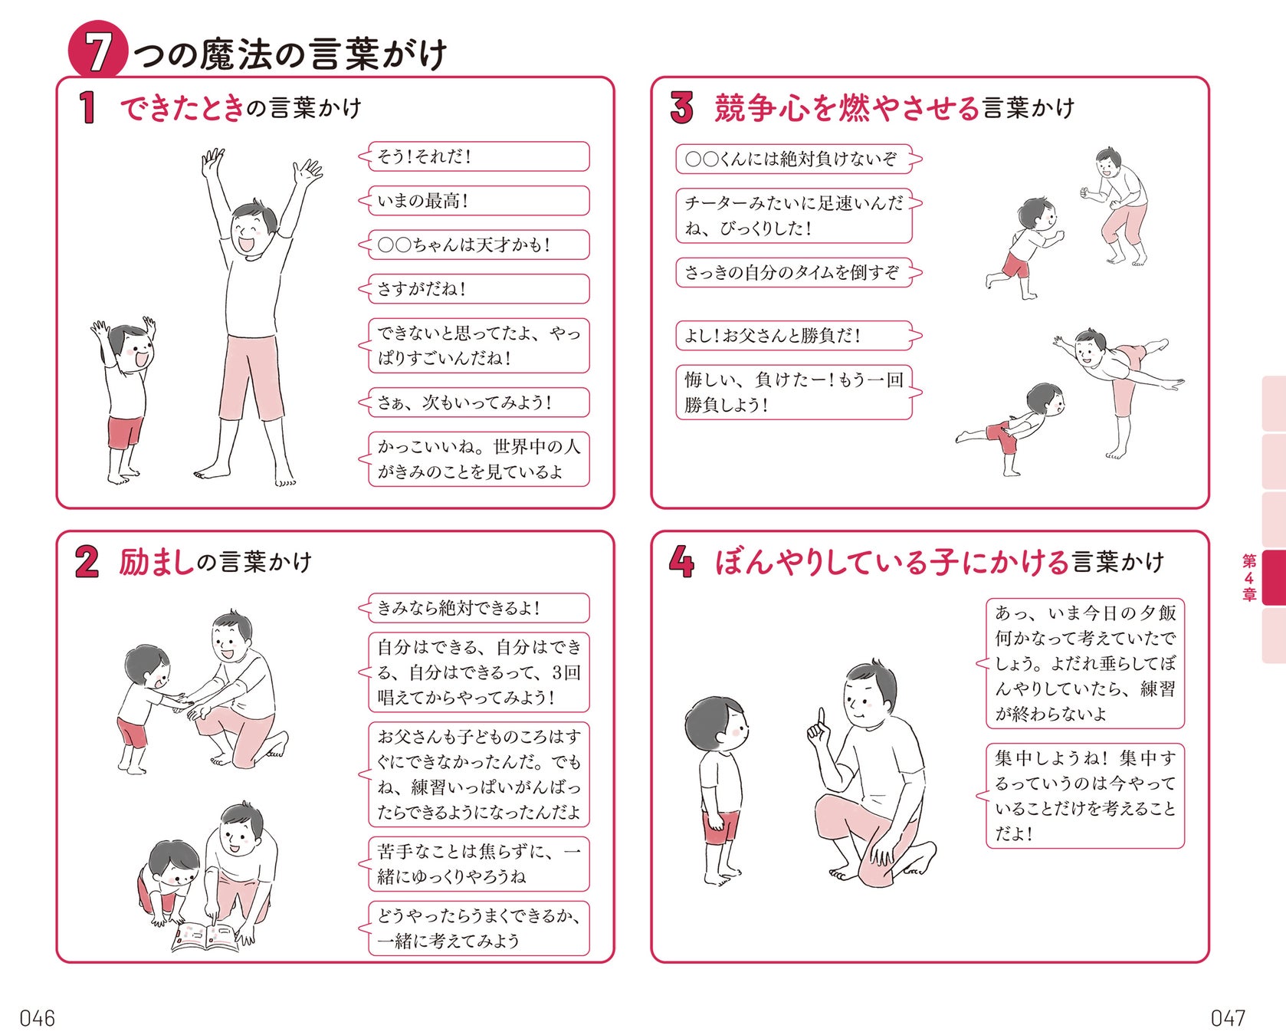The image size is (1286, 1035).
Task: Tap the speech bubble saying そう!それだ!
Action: [478, 156]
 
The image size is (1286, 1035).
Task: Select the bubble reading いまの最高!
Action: [478, 201]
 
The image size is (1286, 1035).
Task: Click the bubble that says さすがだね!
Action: [478, 289]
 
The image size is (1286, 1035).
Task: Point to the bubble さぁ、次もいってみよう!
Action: [478, 402]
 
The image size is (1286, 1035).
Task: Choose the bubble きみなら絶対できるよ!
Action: [478, 608]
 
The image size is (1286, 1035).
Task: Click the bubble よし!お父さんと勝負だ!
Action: [794, 335]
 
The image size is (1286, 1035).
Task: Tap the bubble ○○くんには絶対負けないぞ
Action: [794, 159]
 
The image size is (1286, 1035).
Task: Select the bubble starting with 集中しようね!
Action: [1084, 796]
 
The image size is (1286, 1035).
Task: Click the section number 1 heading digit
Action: [87, 107]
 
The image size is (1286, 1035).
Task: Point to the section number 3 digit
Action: [681, 107]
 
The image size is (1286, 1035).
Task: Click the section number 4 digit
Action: [681, 561]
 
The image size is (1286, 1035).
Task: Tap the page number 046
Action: [38, 1018]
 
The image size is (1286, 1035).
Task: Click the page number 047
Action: [1228, 1018]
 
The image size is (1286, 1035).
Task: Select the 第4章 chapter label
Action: [1249, 577]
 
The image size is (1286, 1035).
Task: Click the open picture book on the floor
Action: [205, 937]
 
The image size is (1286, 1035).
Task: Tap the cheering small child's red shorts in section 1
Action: [126, 432]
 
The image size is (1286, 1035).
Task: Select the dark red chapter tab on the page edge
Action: [1273, 577]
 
